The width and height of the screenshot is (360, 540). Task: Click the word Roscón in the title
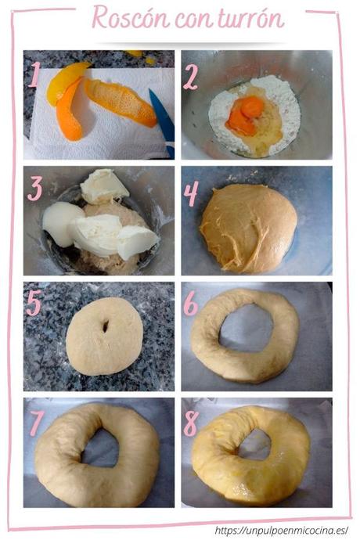[x=129, y=16]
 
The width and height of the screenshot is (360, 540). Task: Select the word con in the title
[x=193, y=18]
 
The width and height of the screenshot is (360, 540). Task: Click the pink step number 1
[x=34, y=75]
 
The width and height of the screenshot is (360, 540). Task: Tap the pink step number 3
[x=34, y=189]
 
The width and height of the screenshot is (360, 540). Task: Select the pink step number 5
[x=34, y=304]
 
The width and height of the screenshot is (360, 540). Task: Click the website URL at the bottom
[x=280, y=530]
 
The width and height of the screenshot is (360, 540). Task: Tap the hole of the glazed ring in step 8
[x=254, y=444]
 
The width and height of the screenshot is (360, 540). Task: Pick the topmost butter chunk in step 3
[x=103, y=185]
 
